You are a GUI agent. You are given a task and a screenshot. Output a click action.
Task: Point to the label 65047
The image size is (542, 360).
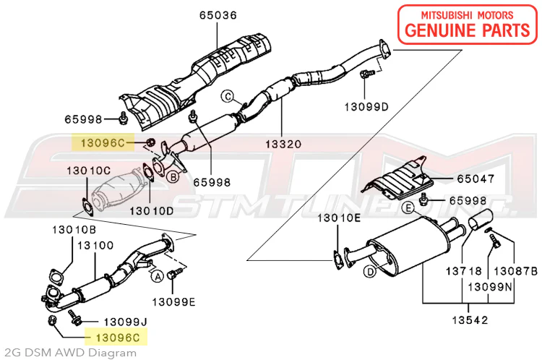coord(474,177)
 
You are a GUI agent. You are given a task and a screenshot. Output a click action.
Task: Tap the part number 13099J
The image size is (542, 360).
coord(125,320)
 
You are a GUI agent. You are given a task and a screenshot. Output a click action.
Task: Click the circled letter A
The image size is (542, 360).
coord(156,275)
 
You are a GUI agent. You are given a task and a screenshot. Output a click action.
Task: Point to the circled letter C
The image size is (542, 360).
coord(225,95)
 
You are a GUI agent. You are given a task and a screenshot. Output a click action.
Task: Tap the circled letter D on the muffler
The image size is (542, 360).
coord(369,271)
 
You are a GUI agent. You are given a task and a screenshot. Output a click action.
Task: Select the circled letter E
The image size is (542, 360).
coord(408,208)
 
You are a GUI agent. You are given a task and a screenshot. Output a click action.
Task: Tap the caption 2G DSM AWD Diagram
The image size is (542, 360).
coord(68,353)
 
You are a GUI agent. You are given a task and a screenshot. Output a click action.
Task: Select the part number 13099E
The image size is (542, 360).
coord(173,302)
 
